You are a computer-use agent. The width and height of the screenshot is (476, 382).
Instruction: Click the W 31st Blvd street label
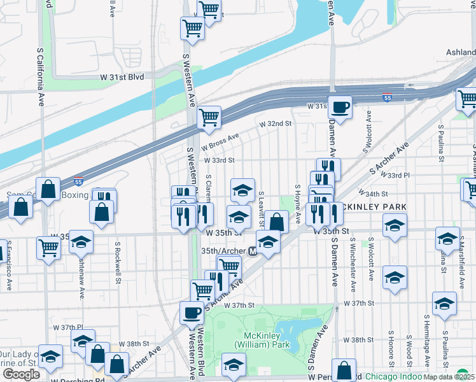pyautogui.click(x=122, y=76)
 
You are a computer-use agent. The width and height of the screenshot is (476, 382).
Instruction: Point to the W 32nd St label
pyautogui.click(x=275, y=123)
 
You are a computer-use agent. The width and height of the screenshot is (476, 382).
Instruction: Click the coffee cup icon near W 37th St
pyautogui.click(x=192, y=313)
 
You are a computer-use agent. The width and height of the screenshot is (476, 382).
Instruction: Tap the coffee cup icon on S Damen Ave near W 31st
pyautogui.click(x=340, y=106)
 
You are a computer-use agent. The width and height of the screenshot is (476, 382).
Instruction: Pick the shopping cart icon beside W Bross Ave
pyautogui.click(x=209, y=117)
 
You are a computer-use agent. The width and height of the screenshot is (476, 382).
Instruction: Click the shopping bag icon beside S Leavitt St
pyautogui.click(x=276, y=222)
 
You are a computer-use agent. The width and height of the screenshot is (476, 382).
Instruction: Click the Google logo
pyautogui.click(x=21, y=374)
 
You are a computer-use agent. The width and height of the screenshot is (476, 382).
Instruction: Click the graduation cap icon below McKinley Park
pyautogui.click(x=234, y=365)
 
